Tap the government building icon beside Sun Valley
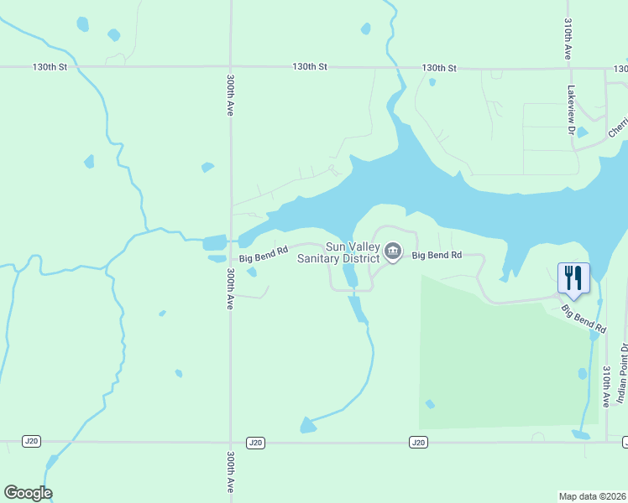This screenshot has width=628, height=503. (x=392, y=251)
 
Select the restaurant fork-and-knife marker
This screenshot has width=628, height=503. (x=573, y=277)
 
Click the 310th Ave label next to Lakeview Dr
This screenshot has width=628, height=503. (x=568, y=39)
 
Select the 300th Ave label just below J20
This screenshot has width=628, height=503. (x=230, y=474)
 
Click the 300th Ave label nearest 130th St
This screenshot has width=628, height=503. (x=230, y=95)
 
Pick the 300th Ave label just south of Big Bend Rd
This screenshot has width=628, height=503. (x=230, y=289)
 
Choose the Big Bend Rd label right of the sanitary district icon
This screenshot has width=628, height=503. (x=437, y=254)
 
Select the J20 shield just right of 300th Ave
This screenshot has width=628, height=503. (x=256, y=442)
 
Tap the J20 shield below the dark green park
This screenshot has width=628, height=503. (x=418, y=442)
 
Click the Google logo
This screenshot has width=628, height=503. (x=28, y=493)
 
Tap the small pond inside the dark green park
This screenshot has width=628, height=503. (x=430, y=404)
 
